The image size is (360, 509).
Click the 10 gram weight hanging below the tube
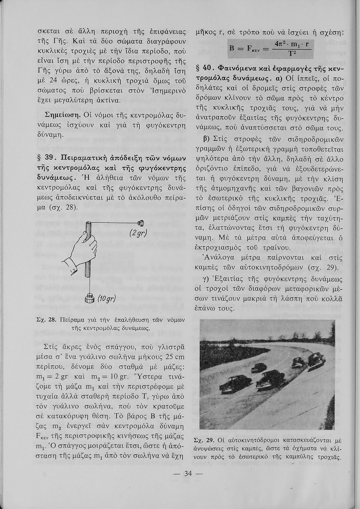tap(91, 298)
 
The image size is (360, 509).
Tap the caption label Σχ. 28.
tap(46, 320)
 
